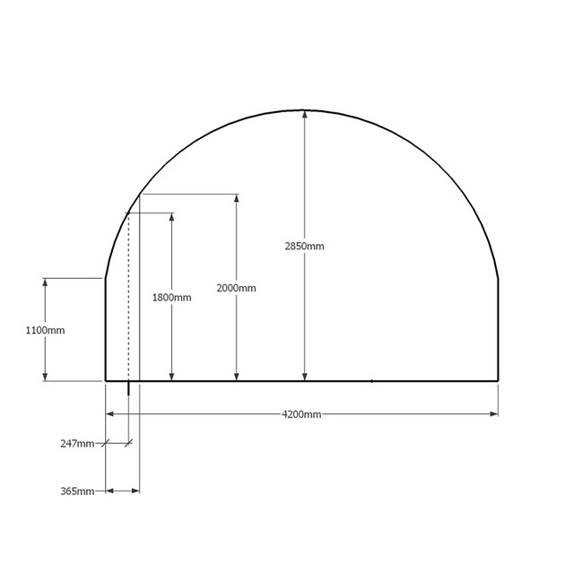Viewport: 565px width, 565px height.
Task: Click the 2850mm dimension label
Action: click(x=304, y=245)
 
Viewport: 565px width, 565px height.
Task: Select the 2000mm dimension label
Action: click(x=236, y=288)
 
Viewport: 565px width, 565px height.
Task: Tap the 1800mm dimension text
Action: click(x=171, y=298)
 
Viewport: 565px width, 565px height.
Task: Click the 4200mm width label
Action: click(x=301, y=414)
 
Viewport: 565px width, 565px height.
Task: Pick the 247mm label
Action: click(x=78, y=443)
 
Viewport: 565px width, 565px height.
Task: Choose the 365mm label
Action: click(x=78, y=491)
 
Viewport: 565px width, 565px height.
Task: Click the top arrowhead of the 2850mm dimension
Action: click(x=304, y=114)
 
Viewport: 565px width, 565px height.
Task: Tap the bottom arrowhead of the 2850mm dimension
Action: click(x=304, y=376)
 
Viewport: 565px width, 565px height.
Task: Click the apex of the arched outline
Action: click(x=303, y=109)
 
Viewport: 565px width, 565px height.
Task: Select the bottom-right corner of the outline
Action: click(x=498, y=381)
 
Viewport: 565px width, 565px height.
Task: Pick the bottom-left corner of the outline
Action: click(x=107, y=381)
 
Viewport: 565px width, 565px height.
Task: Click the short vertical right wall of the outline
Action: click(x=498, y=329)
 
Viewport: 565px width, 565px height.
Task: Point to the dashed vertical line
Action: click(x=129, y=296)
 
